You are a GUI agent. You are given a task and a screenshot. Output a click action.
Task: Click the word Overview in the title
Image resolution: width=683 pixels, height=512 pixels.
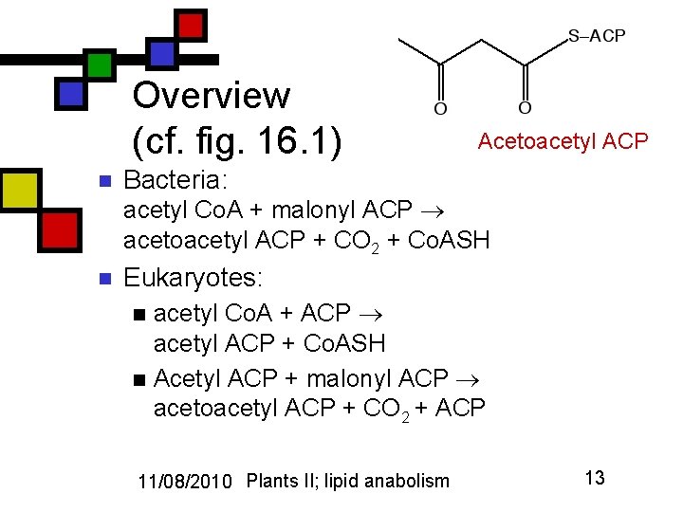point(212,96)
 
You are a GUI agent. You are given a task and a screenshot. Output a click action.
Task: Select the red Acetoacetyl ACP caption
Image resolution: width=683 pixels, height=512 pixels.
point(563,141)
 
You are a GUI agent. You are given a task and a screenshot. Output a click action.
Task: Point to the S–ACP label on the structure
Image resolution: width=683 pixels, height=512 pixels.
point(597,36)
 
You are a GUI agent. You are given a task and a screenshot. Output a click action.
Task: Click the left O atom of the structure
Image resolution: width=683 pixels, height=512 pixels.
point(440,109)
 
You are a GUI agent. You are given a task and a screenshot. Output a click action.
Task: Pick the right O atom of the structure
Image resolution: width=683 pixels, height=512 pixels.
point(525,109)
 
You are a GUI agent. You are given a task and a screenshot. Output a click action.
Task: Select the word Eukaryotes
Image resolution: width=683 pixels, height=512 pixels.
point(193,278)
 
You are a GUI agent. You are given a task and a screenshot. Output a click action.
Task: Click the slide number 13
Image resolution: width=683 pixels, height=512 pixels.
point(595,478)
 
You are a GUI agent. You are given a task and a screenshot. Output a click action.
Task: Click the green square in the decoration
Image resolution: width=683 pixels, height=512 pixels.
point(99,64)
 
